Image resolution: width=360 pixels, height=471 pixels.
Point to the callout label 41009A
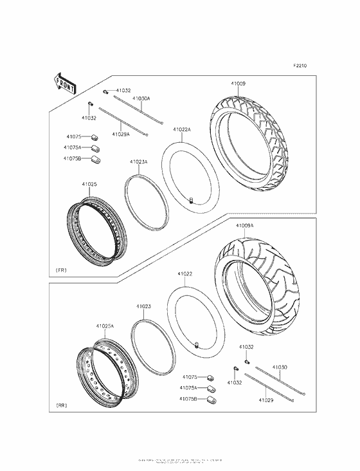(244, 226)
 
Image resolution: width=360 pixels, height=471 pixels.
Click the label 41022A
(181, 129)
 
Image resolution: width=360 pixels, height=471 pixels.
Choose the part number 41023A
(139, 162)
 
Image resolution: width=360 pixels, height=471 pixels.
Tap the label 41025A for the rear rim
(105, 326)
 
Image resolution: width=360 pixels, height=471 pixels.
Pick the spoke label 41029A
(120, 134)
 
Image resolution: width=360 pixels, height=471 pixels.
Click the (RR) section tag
(62, 406)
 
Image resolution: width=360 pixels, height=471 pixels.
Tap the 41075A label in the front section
(73, 147)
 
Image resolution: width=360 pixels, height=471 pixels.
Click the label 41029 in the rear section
(266, 400)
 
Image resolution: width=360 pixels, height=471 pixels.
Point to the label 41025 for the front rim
(89, 185)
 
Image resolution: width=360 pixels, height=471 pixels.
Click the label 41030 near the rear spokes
(279, 367)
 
